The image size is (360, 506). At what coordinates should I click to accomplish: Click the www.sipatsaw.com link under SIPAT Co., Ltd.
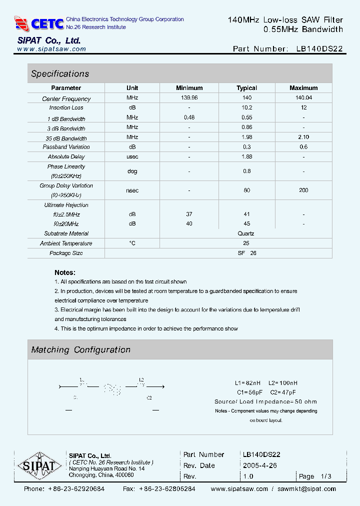tap(51, 49)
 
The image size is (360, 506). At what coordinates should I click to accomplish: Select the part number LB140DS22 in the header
tap(319, 49)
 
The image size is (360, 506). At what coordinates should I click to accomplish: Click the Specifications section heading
tap(60, 74)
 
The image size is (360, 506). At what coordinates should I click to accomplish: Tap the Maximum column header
tap(303, 88)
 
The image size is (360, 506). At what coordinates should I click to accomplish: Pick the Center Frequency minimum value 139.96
tap(189, 98)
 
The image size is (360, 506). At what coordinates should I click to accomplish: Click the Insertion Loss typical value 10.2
tap(246, 107)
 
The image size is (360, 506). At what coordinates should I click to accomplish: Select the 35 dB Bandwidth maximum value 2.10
tap(303, 137)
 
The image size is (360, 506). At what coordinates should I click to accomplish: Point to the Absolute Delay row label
tap(66, 157)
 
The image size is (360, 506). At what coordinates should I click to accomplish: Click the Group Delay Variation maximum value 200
tap(303, 190)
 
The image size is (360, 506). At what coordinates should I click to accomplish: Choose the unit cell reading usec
tap(132, 157)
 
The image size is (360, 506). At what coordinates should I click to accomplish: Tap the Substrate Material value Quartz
tap(246, 233)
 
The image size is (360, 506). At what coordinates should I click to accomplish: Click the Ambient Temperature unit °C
tap(132, 243)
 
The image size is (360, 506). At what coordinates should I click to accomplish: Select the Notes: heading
tap(65, 272)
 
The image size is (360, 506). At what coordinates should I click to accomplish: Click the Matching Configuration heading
tap(81, 350)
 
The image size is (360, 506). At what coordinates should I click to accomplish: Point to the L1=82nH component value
tap(248, 383)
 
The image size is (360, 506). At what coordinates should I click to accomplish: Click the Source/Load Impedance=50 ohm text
tap(265, 401)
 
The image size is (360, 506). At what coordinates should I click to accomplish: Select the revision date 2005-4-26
tap(259, 465)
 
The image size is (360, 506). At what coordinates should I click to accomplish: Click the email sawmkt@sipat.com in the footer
tap(306, 489)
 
